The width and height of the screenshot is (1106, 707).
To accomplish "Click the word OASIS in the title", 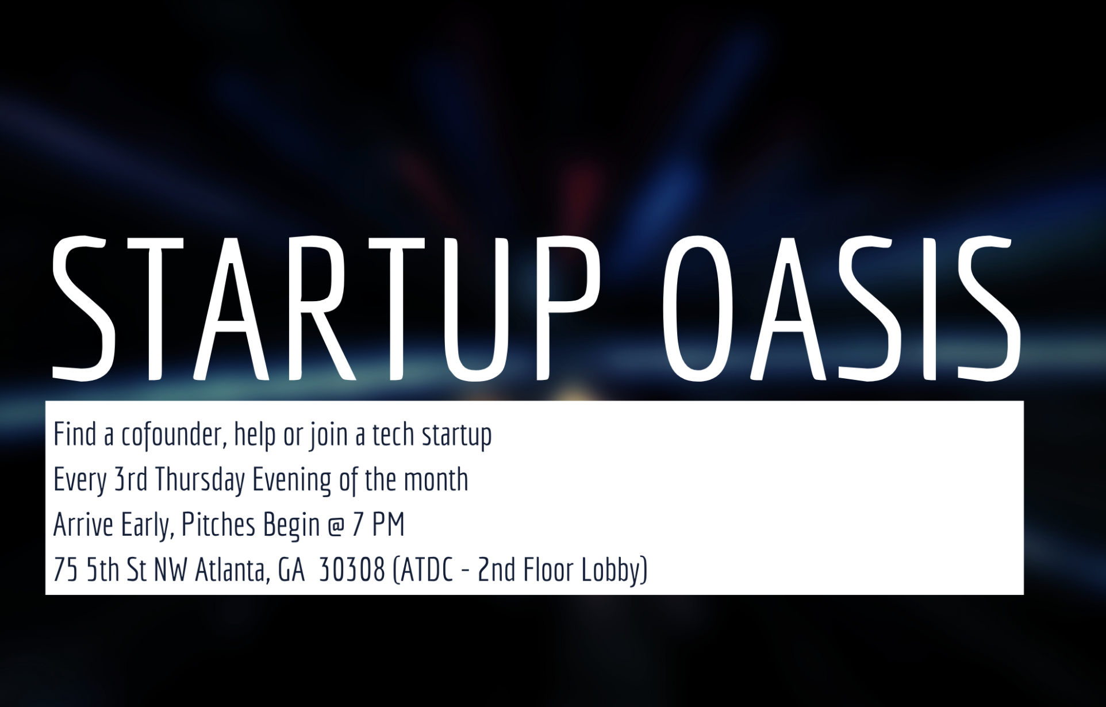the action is (842, 309).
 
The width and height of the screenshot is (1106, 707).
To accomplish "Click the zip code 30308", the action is (351, 570).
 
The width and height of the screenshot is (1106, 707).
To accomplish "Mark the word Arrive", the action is (83, 525).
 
